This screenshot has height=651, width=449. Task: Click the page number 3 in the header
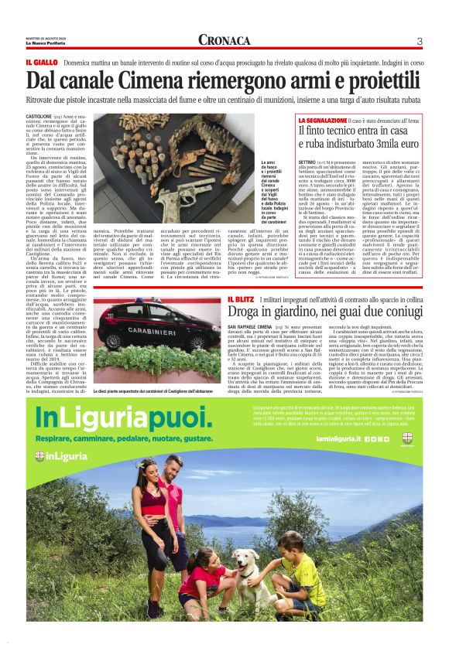(x=419, y=41)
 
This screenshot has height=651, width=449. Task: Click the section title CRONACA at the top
(x=224, y=40)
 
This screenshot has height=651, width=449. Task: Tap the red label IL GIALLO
(x=42, y=61)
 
